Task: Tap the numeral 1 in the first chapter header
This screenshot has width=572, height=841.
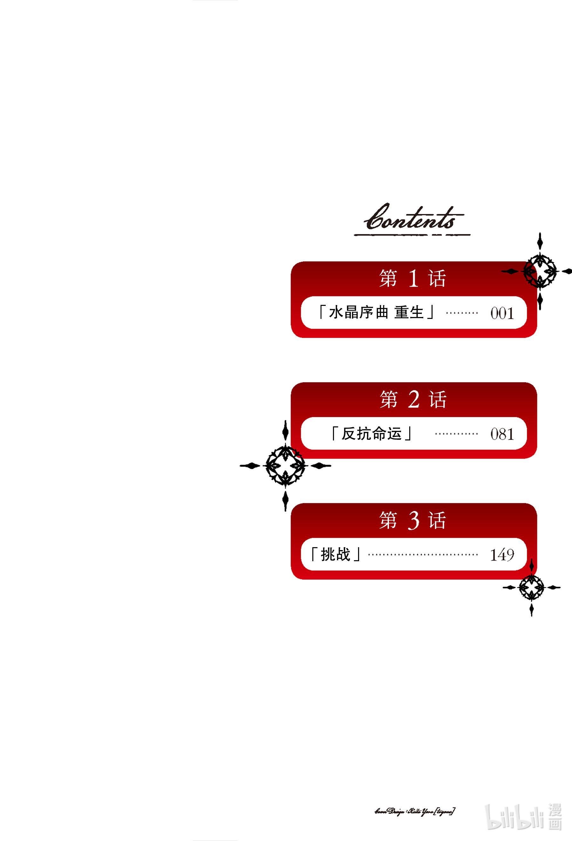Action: click(x=413, y=279)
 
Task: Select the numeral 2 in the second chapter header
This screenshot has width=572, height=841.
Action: click(x=414, y=399)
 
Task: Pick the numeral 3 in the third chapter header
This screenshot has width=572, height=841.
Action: click(x=414, y=520)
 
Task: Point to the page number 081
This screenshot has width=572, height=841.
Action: click(x=502, y=434)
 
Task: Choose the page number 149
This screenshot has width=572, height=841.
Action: click(x=502, y=555)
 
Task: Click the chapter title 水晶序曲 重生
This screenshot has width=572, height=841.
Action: click(x=376, y=312)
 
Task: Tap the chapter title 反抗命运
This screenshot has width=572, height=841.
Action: click(x=372, y=433)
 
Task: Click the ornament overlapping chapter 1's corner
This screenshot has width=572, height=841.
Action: click(x=540, y=271)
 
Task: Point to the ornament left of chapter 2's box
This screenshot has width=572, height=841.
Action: click(x=285, y=466)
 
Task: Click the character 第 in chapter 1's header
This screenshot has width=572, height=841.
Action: click(x=388, y=279)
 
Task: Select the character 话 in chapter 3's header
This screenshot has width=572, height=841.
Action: click(x=438, y=521)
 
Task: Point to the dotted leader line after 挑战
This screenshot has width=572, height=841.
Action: click(x=423, y=555)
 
